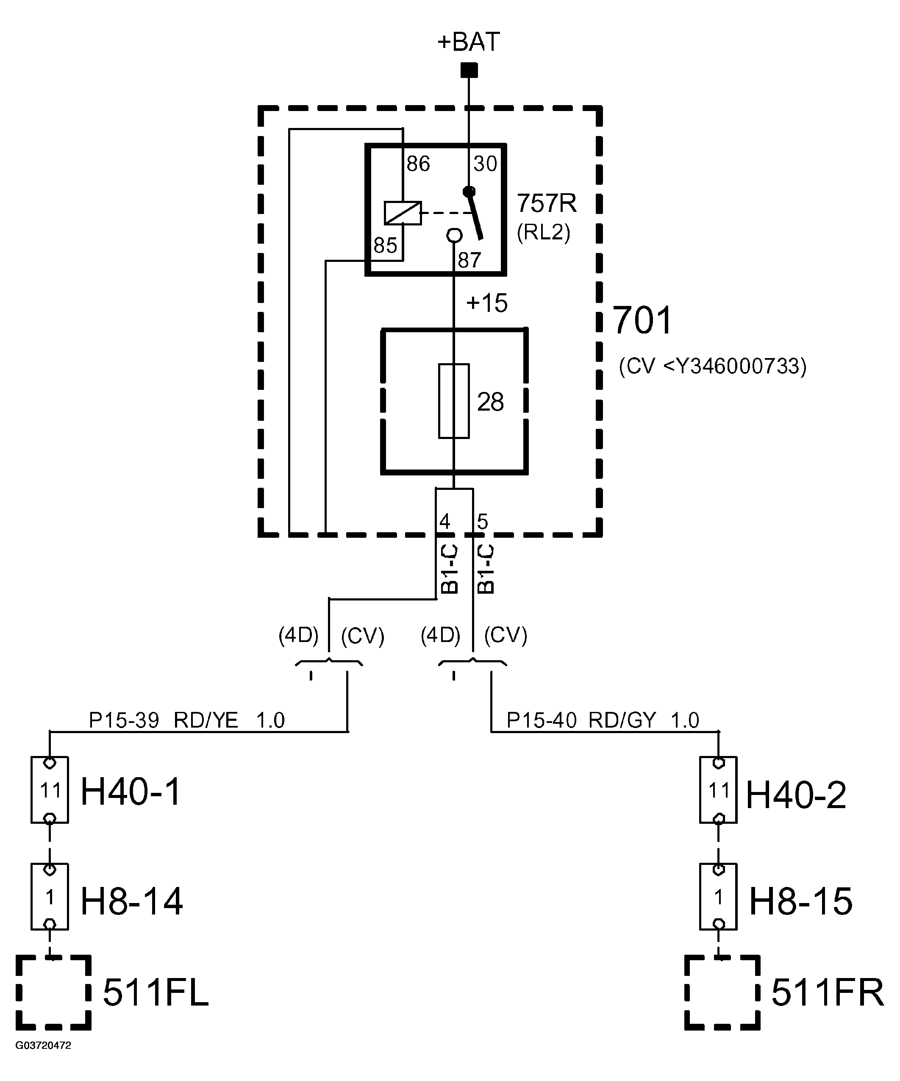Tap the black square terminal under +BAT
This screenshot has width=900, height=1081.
point(469,70)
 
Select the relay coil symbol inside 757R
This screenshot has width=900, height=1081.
point(403,213)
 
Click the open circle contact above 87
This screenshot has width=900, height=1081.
point(454,236)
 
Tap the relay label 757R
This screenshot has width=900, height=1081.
point(546,203)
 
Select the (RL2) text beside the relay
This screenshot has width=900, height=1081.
point(543,233)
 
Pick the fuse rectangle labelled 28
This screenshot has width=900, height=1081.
point(454,401)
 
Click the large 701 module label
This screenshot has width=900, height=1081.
point(642,320)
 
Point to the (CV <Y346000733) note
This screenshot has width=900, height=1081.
point(713,367)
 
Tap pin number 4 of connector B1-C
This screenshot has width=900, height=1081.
point(444,522)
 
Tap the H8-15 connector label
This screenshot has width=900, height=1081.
point(800,901)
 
